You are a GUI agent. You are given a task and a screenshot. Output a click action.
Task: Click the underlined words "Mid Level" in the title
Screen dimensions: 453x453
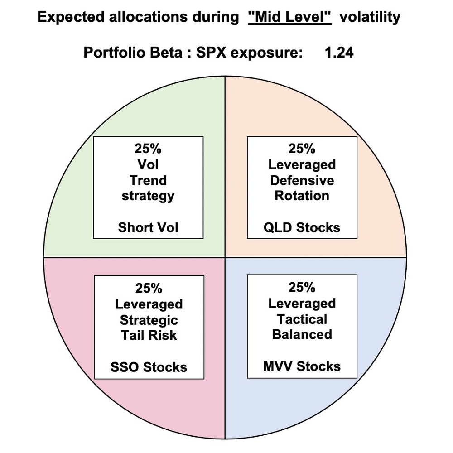[x=290, y=17]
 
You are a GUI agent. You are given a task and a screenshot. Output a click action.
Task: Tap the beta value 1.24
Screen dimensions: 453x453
[x=339, y=53]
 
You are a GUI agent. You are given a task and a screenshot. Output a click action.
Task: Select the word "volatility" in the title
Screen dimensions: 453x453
[x=370, y=17]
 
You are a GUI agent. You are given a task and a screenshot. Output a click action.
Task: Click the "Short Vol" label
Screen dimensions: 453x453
[x=148, y=227]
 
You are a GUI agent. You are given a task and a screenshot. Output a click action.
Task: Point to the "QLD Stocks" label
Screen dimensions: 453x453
[x=302, y=228]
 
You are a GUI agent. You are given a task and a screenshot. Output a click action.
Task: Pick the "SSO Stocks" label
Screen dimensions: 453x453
[x=149, y=367]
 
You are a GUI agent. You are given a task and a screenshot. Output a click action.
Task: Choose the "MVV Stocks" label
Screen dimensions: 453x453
[x=302, y=366]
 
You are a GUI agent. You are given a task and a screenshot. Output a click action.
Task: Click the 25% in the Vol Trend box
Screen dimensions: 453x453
[x=148, y=149]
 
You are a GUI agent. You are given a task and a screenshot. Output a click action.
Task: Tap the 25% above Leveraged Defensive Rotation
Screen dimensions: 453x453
[x=302, y=149]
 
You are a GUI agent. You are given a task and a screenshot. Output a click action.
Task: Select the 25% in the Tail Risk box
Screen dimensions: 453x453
[x=149, y=288]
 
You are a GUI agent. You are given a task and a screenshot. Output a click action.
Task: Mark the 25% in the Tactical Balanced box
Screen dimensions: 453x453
[x=302, y=287]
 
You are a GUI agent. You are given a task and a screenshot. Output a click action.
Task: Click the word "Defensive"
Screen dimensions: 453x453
[x=302, y=180]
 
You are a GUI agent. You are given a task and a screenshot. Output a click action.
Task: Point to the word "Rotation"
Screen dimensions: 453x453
[x=302, y=196]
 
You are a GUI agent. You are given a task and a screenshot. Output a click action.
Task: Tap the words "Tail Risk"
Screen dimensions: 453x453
[x=149, y=335]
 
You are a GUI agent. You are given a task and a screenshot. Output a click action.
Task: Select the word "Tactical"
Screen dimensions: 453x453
[x=302, y=319]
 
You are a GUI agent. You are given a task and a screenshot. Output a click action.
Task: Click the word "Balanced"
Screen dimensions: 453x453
[x=302, y=334]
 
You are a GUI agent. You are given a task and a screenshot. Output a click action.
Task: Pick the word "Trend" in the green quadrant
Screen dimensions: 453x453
[x=148, y=180]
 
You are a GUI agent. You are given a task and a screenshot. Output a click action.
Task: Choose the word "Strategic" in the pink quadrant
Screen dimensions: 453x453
[x=149, y=320]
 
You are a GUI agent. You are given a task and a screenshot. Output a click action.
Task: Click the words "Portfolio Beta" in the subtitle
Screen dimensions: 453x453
[x=133, y=53]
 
